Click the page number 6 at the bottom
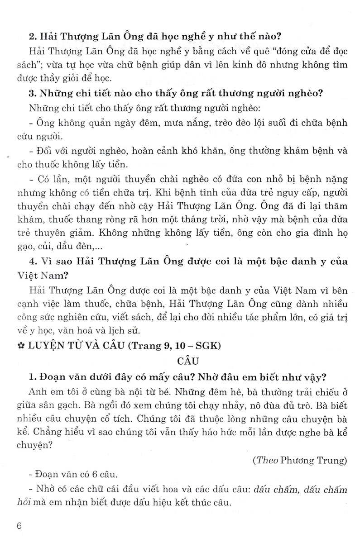coord(19,527)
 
